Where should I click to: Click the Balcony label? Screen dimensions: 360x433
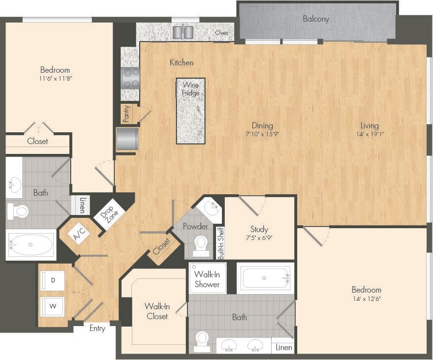point(316,19)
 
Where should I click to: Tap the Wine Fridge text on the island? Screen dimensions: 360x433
point(190,89)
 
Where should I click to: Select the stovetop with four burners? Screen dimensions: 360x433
point(131,78)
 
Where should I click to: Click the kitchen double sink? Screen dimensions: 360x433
point(183,32)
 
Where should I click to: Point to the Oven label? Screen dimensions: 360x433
point(221,33)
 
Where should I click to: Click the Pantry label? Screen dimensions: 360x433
point(126,114)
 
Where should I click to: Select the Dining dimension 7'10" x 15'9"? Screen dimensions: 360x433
point(262,134)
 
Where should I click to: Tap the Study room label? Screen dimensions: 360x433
point(259,229)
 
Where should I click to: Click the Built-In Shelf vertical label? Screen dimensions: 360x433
point(220,243)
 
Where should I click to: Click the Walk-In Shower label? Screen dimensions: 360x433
point(207,279)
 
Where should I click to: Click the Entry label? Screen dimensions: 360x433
point(97,329)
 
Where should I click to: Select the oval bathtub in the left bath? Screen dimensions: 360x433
point(31,244)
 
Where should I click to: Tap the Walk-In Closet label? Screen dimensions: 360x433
point(157,311)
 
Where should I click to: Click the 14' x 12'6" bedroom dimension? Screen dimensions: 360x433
point(366,298)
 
